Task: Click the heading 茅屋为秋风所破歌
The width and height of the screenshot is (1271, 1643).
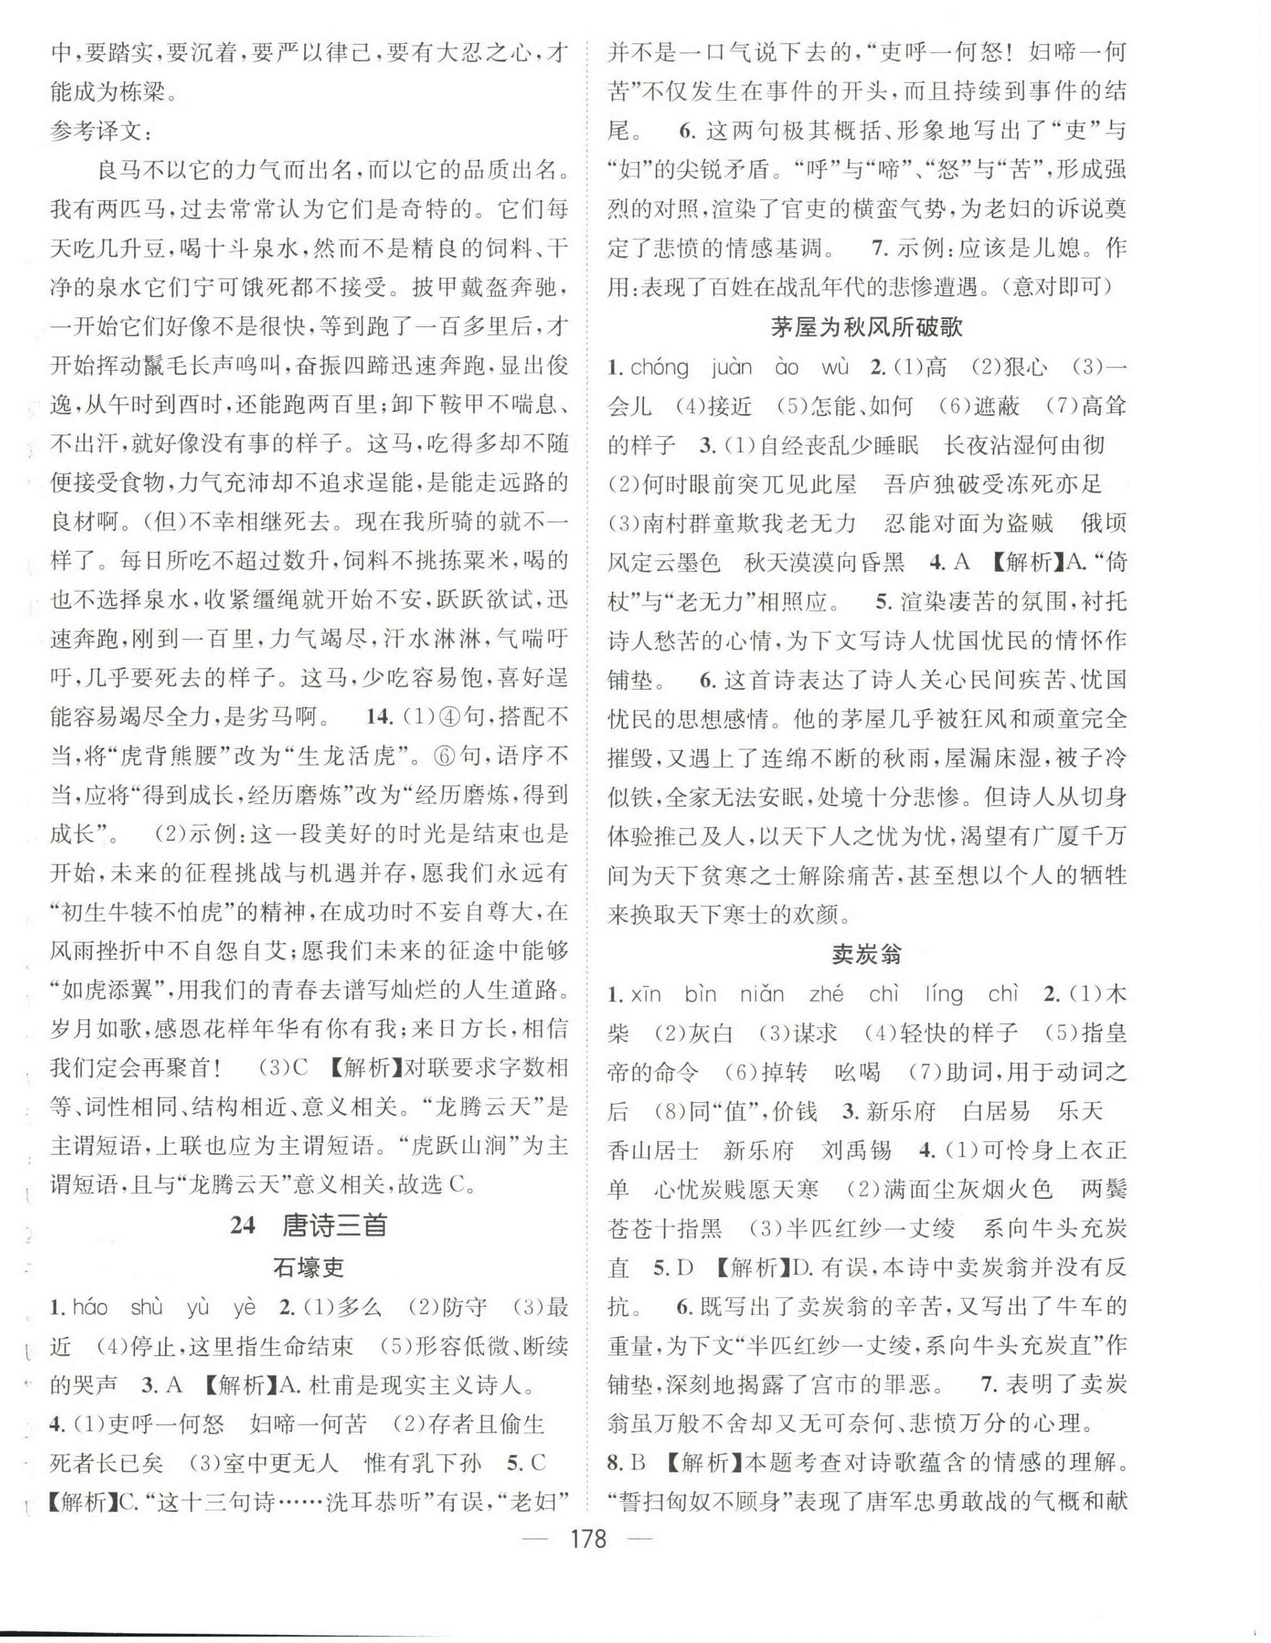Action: [867, 327]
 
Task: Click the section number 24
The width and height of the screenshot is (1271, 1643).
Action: [243, 1226]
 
